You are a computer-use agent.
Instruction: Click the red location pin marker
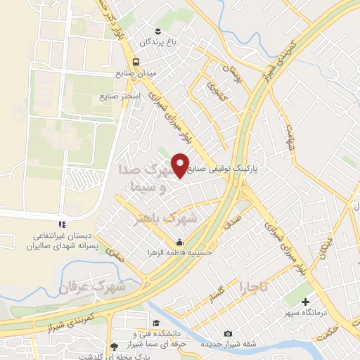click(181, 165)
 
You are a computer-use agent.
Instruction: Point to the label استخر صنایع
click(121, 94)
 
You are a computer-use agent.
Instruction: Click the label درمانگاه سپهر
click(296, 311)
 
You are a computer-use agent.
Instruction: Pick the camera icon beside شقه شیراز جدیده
click(227, 333)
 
